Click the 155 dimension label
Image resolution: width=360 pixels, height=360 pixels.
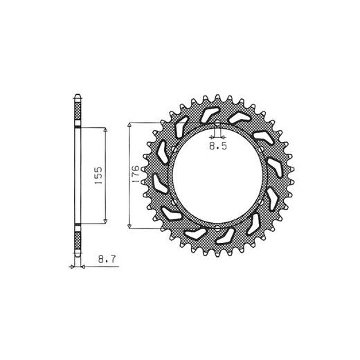(x=98, y=175)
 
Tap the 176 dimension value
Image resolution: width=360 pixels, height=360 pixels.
(x=136, y=174)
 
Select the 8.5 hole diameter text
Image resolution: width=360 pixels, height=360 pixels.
(x=218, y=146)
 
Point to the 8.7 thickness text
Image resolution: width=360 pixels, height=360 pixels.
(x=107, y=260)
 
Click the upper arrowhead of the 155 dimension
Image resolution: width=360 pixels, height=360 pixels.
(x=105, y=130)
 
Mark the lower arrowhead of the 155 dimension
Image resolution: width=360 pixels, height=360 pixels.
(x=105, y=222)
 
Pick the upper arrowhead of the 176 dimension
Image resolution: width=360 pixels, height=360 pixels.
(x=129, y=125)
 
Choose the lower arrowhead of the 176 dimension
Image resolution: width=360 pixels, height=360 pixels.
(x=129, y=226)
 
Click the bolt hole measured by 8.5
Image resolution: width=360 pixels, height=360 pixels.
(x=217, y=125)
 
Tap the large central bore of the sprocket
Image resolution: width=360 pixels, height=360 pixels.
(x=217, y=176)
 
